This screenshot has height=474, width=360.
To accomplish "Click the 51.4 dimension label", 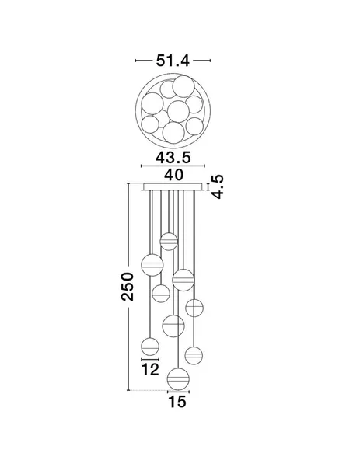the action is (173, 61).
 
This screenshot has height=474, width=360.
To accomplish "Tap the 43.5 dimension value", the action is (173, 158).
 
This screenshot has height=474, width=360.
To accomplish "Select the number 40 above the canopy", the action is (173, 175).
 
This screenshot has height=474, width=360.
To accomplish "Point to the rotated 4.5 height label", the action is (218, 186).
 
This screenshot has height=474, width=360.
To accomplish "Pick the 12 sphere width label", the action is (150, 369).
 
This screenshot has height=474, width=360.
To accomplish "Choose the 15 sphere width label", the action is (177, 402).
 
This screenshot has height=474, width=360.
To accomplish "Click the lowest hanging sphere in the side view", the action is (179, 378).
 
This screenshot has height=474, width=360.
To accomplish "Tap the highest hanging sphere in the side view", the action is (169, 242).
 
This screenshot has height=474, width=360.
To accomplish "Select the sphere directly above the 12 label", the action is (150, 347).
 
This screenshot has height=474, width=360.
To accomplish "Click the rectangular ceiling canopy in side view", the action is (173, 186).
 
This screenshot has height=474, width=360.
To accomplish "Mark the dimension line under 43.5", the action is (173, 166).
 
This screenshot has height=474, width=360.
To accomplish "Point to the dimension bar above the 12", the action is (150, 360).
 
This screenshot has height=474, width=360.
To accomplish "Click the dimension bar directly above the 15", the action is (179, 392).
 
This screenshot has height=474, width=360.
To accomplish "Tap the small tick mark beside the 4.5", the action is (208, 186).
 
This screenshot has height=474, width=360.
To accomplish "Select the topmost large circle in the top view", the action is (183, 86).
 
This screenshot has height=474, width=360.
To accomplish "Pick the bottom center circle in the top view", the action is (173, 132).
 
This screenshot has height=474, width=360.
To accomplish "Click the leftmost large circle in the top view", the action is (152, 103).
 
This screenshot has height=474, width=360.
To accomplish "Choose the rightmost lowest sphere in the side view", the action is (194, 355).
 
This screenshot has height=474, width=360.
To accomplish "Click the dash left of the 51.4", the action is (144, 61).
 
